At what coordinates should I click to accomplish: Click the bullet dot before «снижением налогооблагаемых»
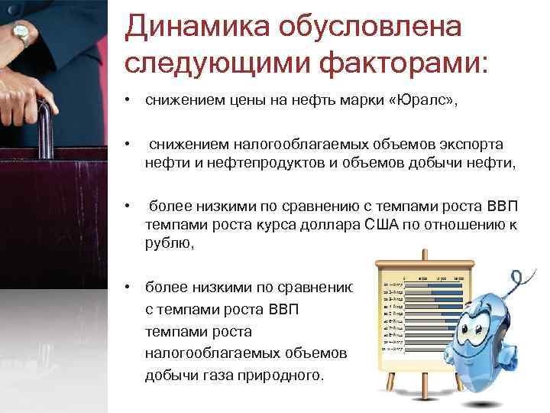pos(132,145)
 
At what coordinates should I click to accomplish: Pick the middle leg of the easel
pos(418,382)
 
